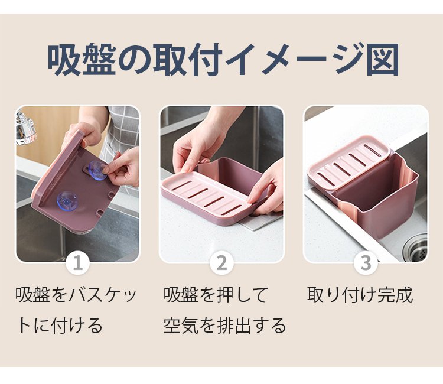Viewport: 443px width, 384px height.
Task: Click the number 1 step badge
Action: (x=78, y=263)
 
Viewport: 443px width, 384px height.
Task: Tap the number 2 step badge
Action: (x=221, y=263)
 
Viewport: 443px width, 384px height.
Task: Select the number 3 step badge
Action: (x=366, y=263)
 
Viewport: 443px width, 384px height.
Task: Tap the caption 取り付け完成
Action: (x=360, y=295)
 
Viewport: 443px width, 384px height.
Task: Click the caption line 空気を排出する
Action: (x=225, y=326)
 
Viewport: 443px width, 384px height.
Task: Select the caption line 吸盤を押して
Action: (x=216, y=295)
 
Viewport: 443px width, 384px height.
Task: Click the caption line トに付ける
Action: (x=60, y=326)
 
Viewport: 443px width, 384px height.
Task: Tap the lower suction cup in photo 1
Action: (x=67, y=201)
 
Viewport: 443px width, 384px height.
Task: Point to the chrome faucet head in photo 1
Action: (x=26, y=127)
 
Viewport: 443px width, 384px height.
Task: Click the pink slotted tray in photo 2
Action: (x=207, y=198)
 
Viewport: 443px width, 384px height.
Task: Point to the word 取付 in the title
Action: (x=187, y=60)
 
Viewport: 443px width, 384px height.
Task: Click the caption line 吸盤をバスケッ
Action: (x=76, y=295)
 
